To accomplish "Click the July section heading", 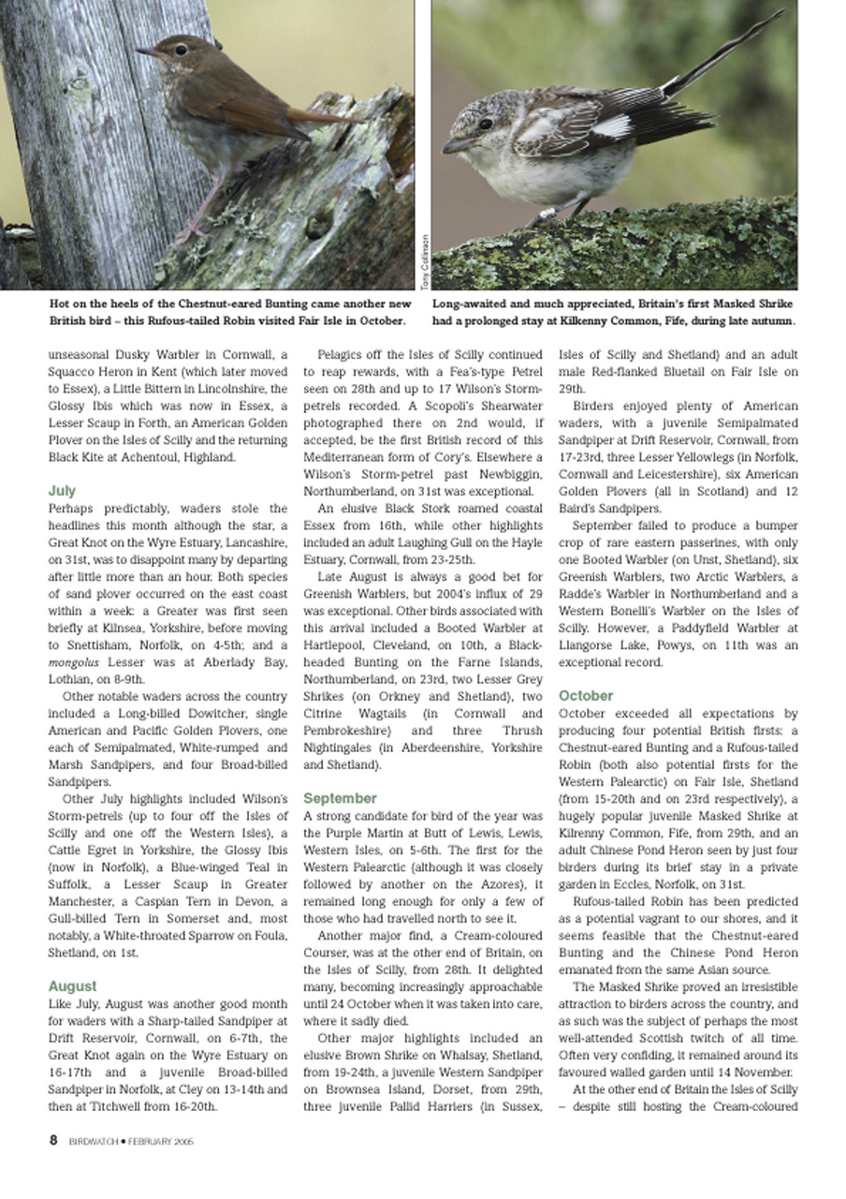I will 62,490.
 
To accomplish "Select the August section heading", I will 72,985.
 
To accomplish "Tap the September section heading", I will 340,798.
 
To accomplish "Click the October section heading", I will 586,695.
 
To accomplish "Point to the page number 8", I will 53,1140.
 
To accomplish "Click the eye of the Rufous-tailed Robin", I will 180,50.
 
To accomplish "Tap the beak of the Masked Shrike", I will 455,144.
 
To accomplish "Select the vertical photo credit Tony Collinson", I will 424,268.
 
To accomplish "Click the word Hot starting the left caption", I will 61,304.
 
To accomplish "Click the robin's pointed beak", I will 145,52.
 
